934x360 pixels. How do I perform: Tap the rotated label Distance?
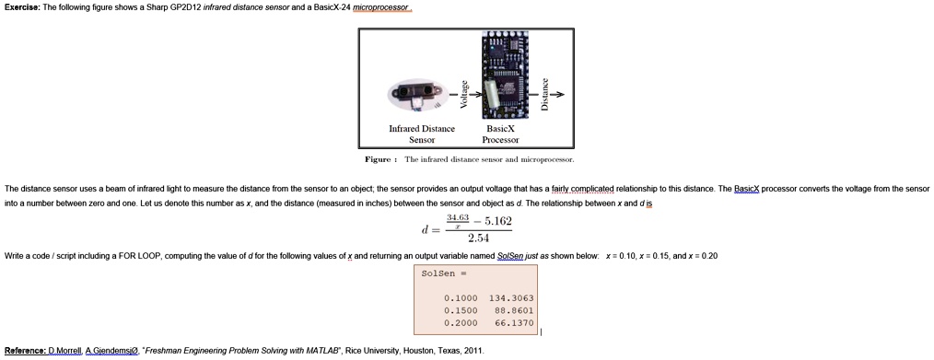pos(544,93)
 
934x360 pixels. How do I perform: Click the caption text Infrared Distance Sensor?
pos(423,134)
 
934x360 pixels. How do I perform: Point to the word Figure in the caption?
pos(379,159)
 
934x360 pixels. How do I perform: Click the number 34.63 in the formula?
pos(457,217)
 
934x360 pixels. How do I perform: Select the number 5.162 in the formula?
pos(496,222)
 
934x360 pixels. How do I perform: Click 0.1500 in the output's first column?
pos(460,311)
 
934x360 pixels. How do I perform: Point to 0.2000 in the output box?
pos(460,324)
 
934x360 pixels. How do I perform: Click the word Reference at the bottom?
pos(25,351)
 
